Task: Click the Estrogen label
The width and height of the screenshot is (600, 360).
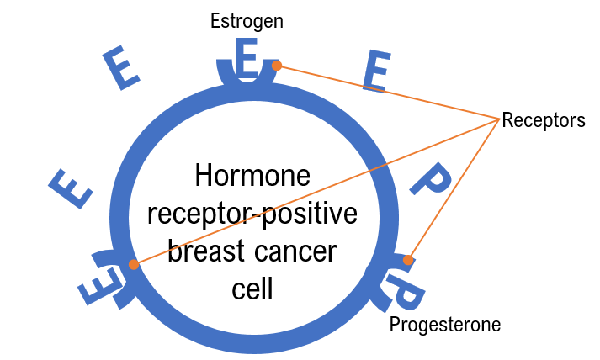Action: tap(247, 21)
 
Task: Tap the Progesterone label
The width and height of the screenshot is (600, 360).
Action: tap(445, 326)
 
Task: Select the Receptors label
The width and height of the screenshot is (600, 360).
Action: tap(544, 120)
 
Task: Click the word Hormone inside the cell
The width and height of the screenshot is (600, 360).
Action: tap(252, 175)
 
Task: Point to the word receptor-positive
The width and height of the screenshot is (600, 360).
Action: tap(252, 214)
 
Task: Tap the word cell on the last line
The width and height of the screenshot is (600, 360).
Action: tap(252, 288)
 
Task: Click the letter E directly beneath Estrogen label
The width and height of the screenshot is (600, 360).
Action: tap(246, 56)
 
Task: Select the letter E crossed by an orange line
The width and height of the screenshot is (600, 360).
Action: tap(377, 71)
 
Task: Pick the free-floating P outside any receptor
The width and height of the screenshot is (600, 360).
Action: tap(431, 179)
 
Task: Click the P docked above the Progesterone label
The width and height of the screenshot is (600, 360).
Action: tap(406, 291)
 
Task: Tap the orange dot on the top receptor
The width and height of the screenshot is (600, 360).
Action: tap(277, 66)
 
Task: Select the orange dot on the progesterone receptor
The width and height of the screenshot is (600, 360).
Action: tap(408, 260)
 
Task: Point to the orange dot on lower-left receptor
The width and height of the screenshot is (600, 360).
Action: tap(134, 264)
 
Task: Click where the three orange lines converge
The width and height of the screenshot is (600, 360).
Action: tap(499, 119)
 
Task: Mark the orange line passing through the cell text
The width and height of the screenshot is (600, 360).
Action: tap(316, 192)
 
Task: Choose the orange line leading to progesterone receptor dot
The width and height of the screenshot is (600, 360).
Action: tap(454, 190)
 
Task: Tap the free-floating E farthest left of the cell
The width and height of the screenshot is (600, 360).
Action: tap(71, 189)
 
